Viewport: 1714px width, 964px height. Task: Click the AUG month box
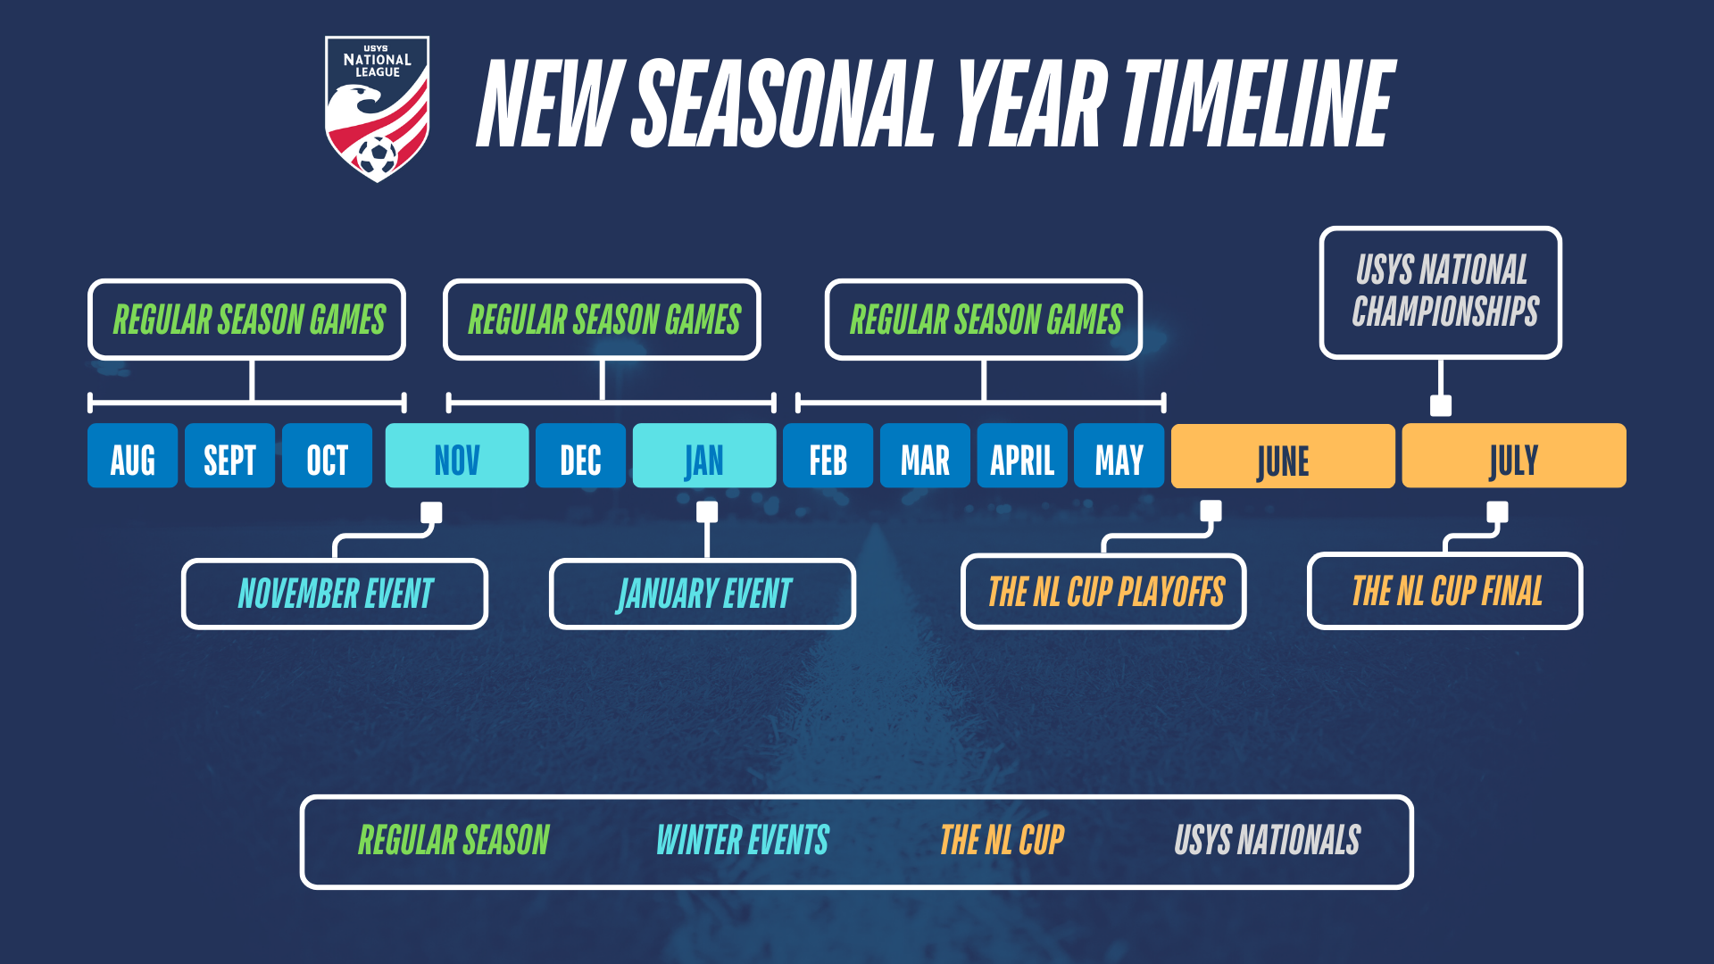[x=132, y=456]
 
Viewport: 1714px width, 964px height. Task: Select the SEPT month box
[x=229, y=456]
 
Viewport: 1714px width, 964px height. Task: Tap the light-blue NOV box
[x=456, y=456]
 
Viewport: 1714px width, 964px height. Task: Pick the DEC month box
[x=580, y=456]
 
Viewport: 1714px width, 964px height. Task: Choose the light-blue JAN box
[x=703, y=456]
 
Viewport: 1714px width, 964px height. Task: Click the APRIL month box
[x=1021, y=456]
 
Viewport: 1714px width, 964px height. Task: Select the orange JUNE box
[x=1282, y=456]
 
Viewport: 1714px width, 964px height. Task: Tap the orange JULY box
[x=1513, y=456]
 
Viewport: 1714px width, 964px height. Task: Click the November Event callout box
[x=335, y=594]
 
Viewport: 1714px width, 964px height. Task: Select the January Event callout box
[x=703, y=594]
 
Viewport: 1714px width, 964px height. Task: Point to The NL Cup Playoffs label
[x=1104, y=592]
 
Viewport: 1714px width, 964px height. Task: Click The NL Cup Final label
[x=1445, y=591]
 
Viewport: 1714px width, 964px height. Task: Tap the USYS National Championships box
[x=1441, y=292]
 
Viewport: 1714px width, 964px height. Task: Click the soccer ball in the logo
[x=378, y=155]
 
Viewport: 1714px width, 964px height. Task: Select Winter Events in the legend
[x=742, y=841]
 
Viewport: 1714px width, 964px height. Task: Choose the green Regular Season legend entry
[x=453, y=841]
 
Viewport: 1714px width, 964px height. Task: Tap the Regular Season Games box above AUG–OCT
[x=247, y=320]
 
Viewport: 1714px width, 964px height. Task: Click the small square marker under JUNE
[x=1211, y=511]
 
